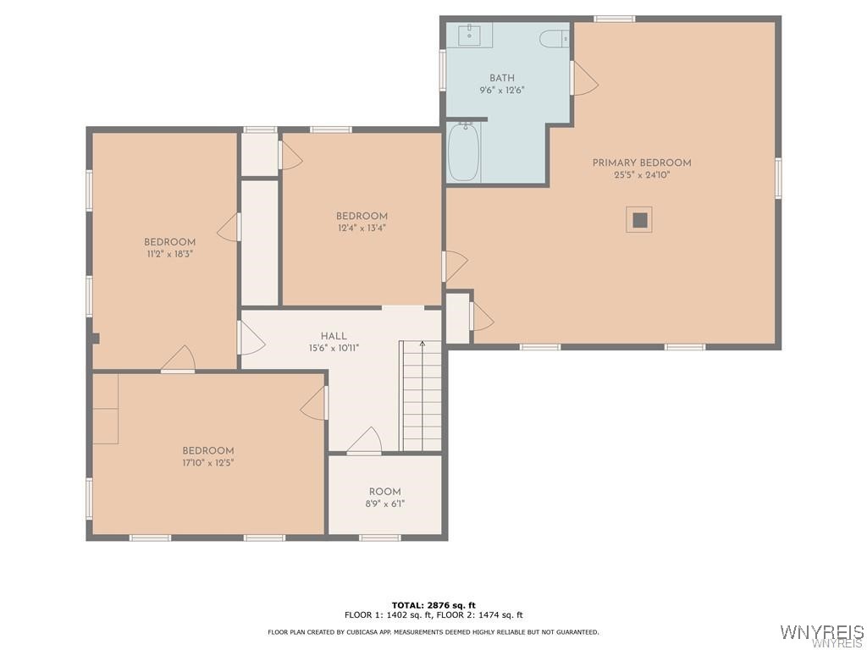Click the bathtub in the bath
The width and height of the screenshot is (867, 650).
pos(463,152)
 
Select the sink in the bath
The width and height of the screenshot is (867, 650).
pos(469,36)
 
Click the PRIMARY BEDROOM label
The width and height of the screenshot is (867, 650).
pos(641,162)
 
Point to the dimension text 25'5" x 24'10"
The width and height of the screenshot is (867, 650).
pos(641,176)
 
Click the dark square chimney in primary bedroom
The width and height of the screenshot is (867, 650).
pos(640,220)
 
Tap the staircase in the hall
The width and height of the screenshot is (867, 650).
pos(421,396)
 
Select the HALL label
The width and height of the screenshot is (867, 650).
pos(334,336)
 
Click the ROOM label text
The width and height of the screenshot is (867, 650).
pos(384,492)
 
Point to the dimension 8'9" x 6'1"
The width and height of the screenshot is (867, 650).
pos(384,504)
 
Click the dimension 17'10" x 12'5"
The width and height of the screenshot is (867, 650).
pos(208,463)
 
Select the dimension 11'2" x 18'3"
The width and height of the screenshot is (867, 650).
pos(169,254)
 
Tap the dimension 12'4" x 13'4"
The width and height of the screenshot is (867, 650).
pos(362,229)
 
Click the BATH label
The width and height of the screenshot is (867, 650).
pos(501,78)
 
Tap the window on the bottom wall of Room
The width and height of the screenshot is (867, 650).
pos(380,537)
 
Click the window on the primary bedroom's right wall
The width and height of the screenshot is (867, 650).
pos(777,179)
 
